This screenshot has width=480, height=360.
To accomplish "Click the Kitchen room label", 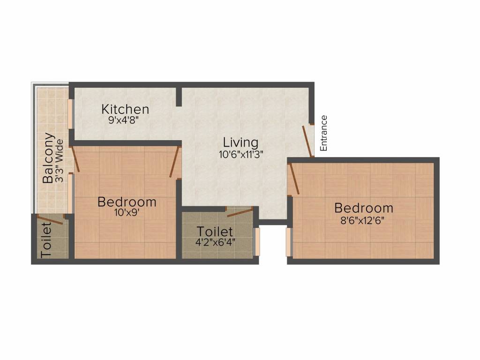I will (125, 109).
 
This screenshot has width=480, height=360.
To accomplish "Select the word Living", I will (240, 142).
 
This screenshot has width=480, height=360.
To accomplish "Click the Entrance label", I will (323, 133).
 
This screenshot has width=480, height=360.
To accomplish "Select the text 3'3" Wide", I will (60, 159).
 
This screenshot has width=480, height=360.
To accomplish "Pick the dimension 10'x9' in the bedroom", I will (127, 212).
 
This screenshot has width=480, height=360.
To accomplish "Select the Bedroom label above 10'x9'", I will (127, 202).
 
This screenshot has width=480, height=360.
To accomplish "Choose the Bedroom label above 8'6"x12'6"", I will (363, 208).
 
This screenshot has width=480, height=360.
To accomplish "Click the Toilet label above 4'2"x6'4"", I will (215, 232).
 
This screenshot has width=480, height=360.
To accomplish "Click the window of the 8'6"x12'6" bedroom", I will (289, 242).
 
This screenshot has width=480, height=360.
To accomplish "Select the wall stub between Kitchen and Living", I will (179, 97).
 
